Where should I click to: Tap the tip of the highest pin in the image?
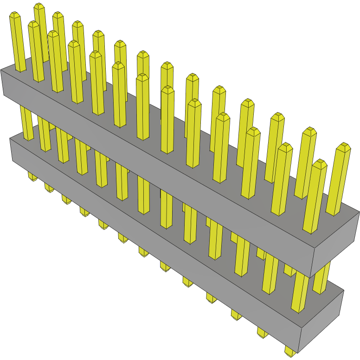click(x=39, y=6)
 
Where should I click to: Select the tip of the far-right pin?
click(x=344, y=146)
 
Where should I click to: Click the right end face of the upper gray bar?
click(x=336, y=244)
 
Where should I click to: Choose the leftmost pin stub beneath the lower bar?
click(x=32, y=177)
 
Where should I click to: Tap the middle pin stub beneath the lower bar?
click(x=144, y=252)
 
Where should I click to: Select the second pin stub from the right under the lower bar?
click(x=262, y=332)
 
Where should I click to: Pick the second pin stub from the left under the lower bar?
click(x=49, y=187)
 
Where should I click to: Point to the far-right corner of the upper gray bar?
click(x=359, y=212)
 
